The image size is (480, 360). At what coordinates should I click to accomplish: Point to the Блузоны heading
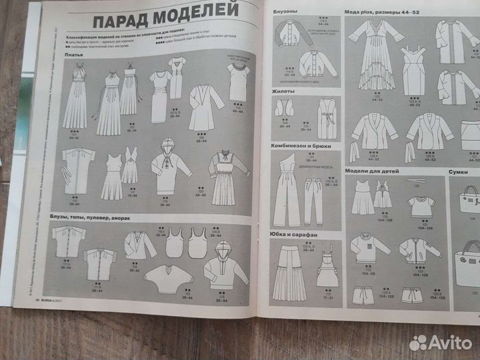[287, 13]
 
